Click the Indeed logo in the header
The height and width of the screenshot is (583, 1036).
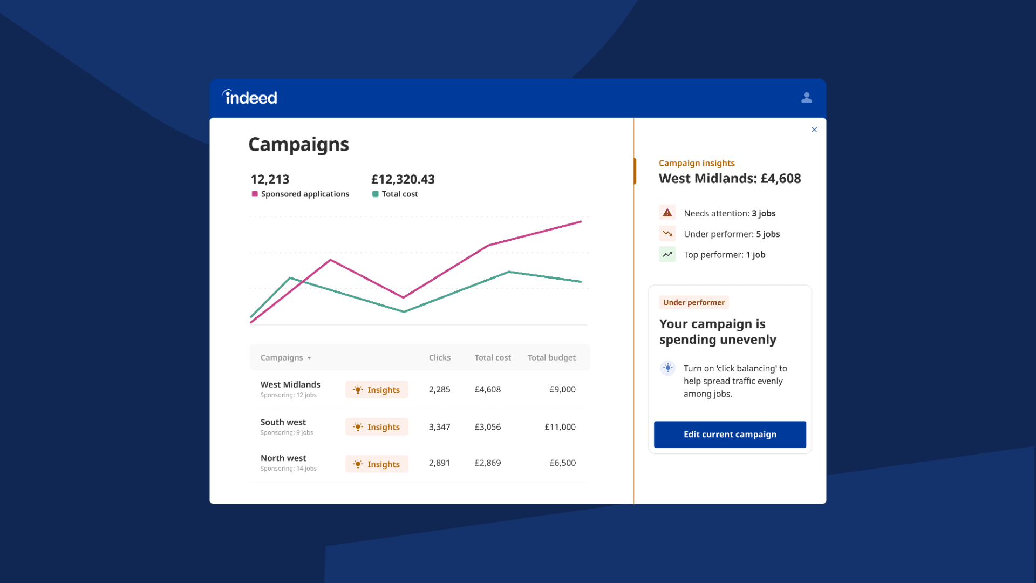250,97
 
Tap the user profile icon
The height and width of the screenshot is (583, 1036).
806,98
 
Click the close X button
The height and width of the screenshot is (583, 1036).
814,130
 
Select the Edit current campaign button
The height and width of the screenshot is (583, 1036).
730,435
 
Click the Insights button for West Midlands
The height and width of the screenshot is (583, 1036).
377,390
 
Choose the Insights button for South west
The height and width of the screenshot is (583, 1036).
377,427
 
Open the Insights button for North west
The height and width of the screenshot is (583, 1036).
377,464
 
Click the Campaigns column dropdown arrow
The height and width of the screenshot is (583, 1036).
309,358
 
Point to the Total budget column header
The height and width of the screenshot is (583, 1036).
551,357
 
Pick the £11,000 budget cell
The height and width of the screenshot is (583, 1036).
560,427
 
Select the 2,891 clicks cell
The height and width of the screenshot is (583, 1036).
439,463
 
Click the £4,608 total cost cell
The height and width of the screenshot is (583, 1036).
487,389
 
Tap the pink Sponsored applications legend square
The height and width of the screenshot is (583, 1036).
255,194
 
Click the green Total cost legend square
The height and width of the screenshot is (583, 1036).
375,194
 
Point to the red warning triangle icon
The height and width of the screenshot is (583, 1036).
667,213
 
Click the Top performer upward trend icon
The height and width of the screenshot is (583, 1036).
667,254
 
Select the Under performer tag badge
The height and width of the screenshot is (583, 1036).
693,302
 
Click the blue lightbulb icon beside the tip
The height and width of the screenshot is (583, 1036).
667,368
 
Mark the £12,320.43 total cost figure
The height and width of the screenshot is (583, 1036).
403,179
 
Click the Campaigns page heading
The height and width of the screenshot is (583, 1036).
298,145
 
